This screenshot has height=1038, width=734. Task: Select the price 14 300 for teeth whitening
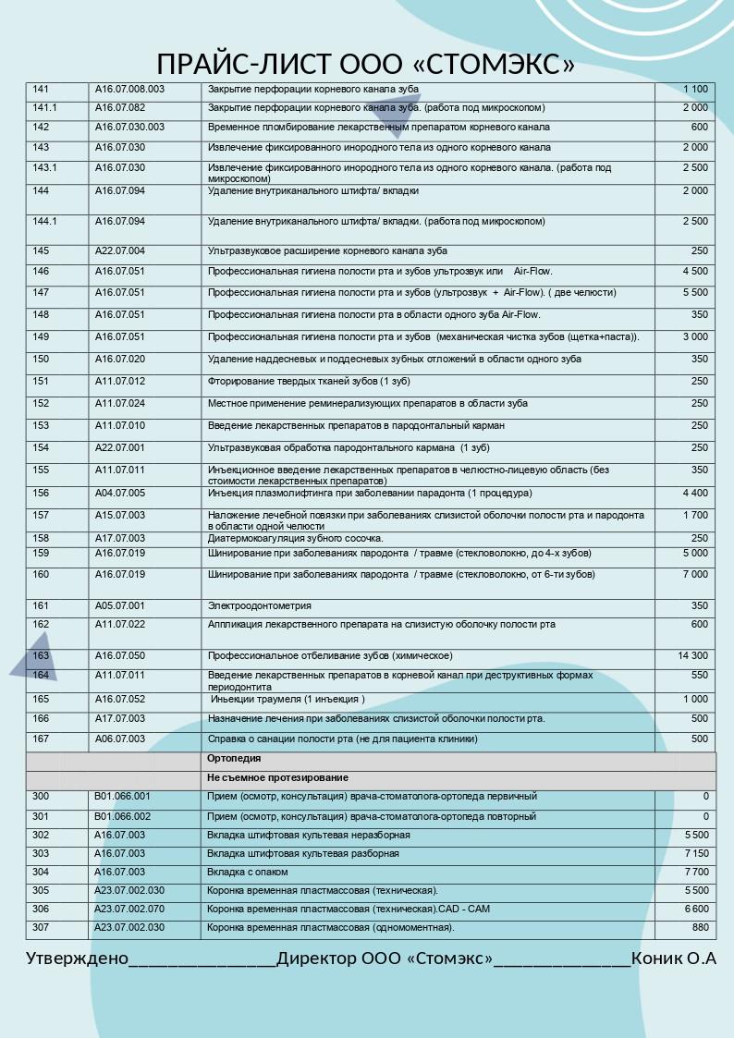pos(693,655)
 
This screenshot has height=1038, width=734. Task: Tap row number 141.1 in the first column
pos(44,108)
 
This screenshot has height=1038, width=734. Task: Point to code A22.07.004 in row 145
pos(120,250)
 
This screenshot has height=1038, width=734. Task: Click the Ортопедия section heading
pos(234,758)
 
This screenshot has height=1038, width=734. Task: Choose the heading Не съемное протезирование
pos(277,778)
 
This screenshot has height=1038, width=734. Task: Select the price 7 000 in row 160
pos(695,574)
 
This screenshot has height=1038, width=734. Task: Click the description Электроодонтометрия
pos(259,606)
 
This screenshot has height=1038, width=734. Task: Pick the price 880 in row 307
pos(700,927)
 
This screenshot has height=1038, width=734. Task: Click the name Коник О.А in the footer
pos(674,959)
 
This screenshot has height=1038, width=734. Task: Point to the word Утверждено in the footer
pos(77,959)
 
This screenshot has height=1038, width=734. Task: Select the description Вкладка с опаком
pos(248,872)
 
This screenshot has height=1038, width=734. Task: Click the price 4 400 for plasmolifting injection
pos(695,493)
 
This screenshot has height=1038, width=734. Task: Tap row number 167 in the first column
pos(41,739)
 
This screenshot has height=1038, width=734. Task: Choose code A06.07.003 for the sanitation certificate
pos(120,739)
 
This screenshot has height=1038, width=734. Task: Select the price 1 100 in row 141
pos(696,89)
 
